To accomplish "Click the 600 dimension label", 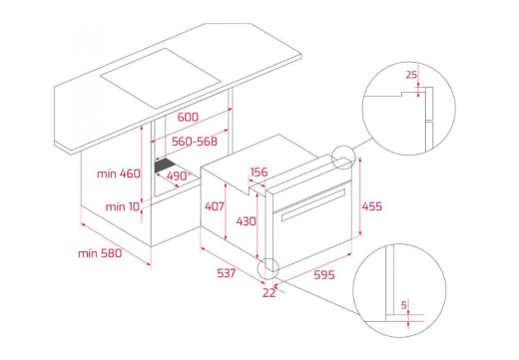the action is click(188, 117).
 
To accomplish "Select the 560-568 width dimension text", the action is click(195, 142).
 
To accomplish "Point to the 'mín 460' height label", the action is click(119, 174).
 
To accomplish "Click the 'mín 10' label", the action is click(123, 206).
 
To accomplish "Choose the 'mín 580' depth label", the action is click(100, 253).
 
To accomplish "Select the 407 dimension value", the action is click(215, 206).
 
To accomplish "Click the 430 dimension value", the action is click(246, 221).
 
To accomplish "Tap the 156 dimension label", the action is click(259, 172).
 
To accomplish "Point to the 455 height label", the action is click(372, 206).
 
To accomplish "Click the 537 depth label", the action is click(227, 273).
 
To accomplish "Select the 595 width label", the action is click(324, 275).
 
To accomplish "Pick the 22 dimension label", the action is click(269, 293).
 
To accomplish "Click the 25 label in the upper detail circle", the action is click(411, 75).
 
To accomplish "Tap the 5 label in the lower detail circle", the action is click(404, 305).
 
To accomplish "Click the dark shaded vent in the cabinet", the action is click(166, 166).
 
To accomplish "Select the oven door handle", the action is click(313, 204).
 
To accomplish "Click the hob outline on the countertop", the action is click(161, 79).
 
